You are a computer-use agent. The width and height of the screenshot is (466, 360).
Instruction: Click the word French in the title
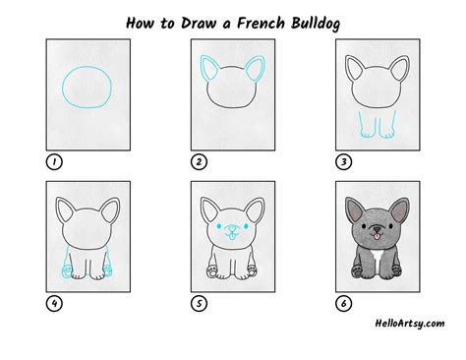pos(261,24)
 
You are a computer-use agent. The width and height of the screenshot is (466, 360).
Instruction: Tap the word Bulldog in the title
pos(316,24)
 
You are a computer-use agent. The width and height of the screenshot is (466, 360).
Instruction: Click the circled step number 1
pos(54,162)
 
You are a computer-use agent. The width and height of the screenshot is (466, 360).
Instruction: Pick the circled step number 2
pos(199,162)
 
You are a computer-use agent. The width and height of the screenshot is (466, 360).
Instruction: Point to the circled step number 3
pos(344,162)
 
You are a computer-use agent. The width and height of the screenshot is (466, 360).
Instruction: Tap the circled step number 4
pos(54,304)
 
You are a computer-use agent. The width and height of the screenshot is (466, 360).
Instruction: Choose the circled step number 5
pos(199,304)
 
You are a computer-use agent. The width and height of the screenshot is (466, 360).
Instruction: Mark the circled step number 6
pos(344,304)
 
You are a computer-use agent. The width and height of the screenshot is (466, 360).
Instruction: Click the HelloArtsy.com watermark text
pos(410,324)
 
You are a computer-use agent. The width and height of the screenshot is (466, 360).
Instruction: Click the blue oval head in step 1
pos(62,88)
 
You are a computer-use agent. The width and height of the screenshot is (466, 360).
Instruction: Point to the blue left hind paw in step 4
pos(66,272)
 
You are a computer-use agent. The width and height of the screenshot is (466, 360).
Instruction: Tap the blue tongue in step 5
pos(232,235)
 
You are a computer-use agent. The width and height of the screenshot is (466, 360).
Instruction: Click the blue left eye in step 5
pos(219,226)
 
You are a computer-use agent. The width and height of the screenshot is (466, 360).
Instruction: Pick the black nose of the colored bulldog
pos(378,229)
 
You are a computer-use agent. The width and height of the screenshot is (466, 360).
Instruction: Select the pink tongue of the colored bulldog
pos(378,236)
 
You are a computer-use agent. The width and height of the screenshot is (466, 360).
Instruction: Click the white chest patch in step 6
pos(378,263)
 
